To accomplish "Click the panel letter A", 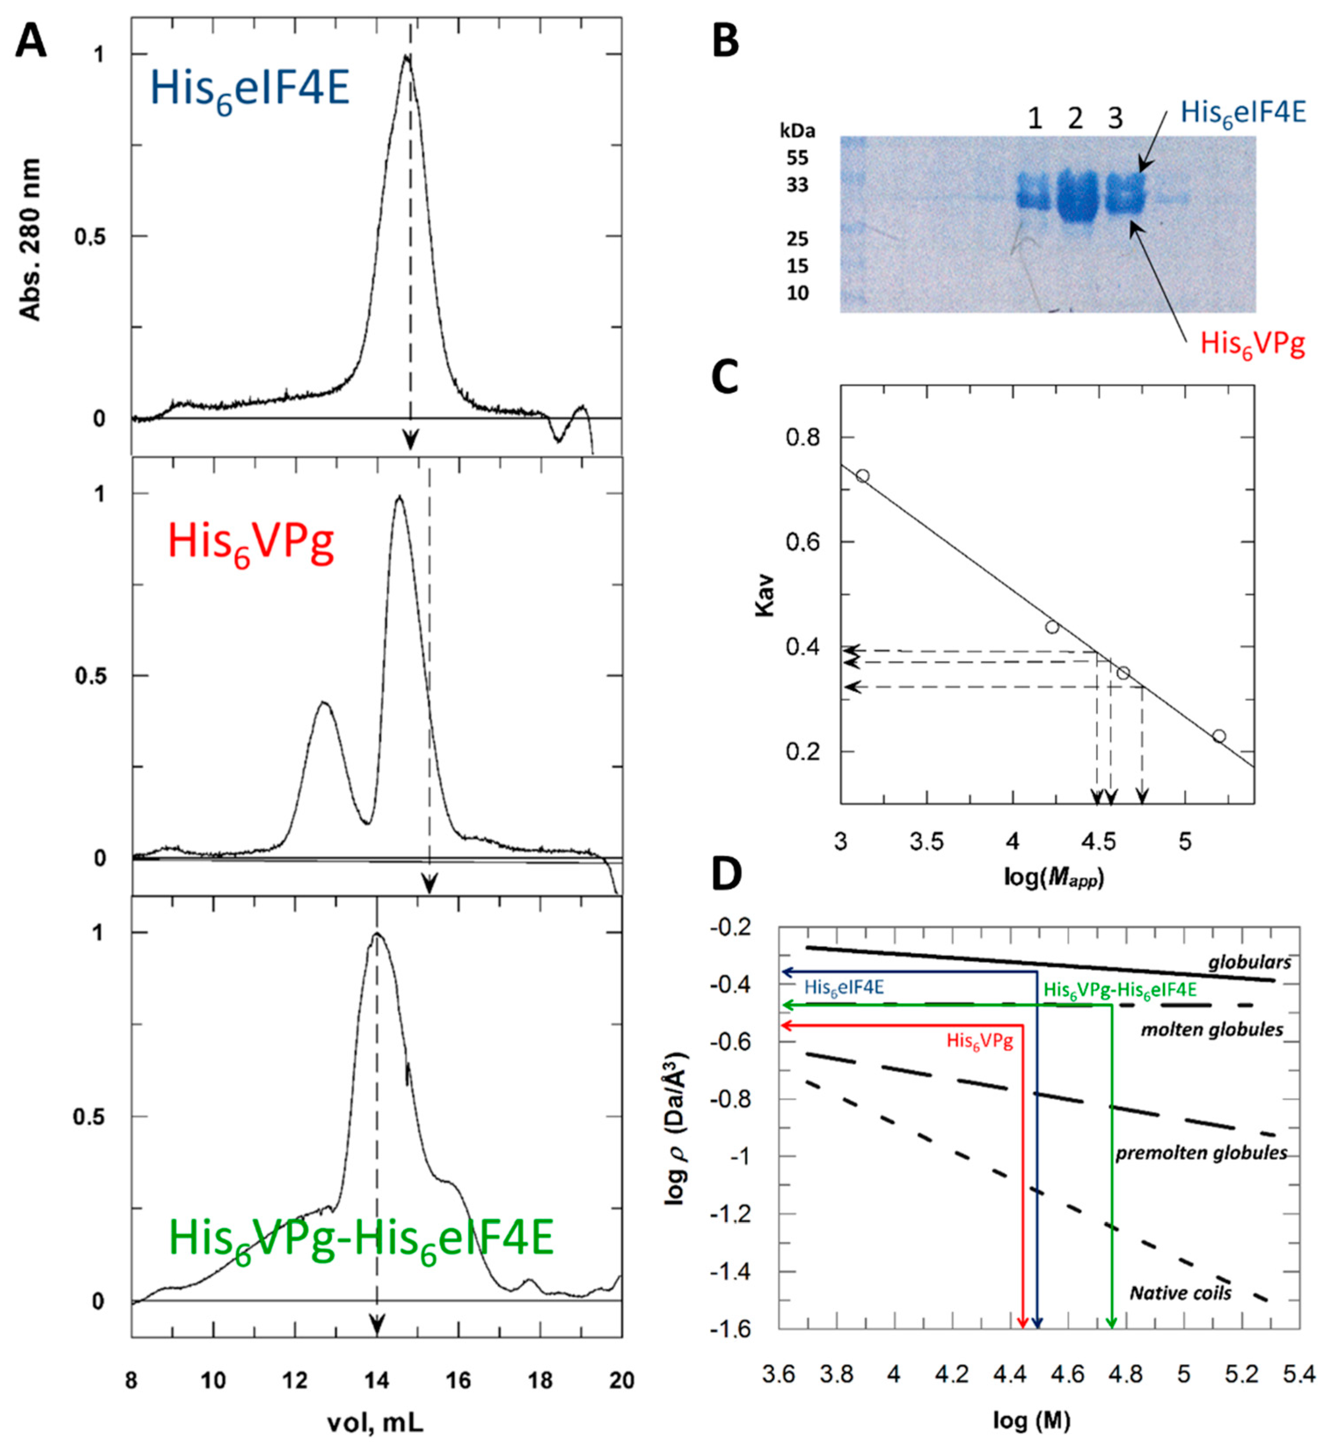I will click(31, 41).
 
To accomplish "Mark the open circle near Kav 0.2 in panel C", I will click(1218, 736).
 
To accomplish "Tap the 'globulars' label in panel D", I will click(1249, 962).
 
